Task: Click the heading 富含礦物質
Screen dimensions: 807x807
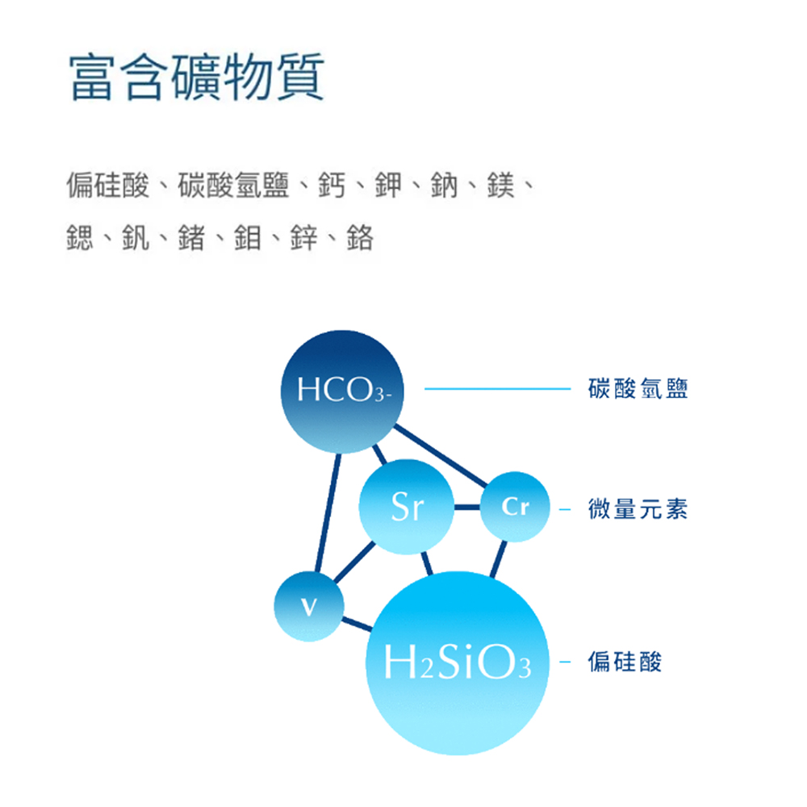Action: [x=197, y=77]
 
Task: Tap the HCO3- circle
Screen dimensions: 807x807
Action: [x=342, y=391]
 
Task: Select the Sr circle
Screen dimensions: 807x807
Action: [x=407, y=507]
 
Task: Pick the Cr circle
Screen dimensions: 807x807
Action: [x=515, y=507]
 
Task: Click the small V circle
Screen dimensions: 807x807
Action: [x=309, y=606]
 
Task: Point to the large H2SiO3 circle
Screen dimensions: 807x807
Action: [x=458, y=663]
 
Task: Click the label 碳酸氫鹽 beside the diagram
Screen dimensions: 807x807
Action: [x=638, y=388]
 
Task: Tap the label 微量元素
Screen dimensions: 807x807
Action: [x=638, y=508]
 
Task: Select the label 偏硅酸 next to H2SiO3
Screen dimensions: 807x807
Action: [x=625, y=662]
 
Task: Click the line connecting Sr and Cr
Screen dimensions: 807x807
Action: [x=467, y=507]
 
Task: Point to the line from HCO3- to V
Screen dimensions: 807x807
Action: [x=328, y=512]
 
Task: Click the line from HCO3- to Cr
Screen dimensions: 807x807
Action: [x=441, y=455]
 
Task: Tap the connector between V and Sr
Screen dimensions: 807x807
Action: [x=354, y=562]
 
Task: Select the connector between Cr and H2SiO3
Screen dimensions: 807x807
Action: [x=498, y=559]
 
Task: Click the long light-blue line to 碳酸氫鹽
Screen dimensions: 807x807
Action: [x=497, y=389]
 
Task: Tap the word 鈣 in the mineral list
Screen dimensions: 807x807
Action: [x=332, y=185]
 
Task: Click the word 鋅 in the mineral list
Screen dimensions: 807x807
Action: [x=303, y=238]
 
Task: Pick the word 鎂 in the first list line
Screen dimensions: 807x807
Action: [x=500, y=185]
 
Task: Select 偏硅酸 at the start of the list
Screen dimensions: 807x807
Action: [x=108, y=185]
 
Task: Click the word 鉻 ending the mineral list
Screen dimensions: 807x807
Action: [x=360, y=238]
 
